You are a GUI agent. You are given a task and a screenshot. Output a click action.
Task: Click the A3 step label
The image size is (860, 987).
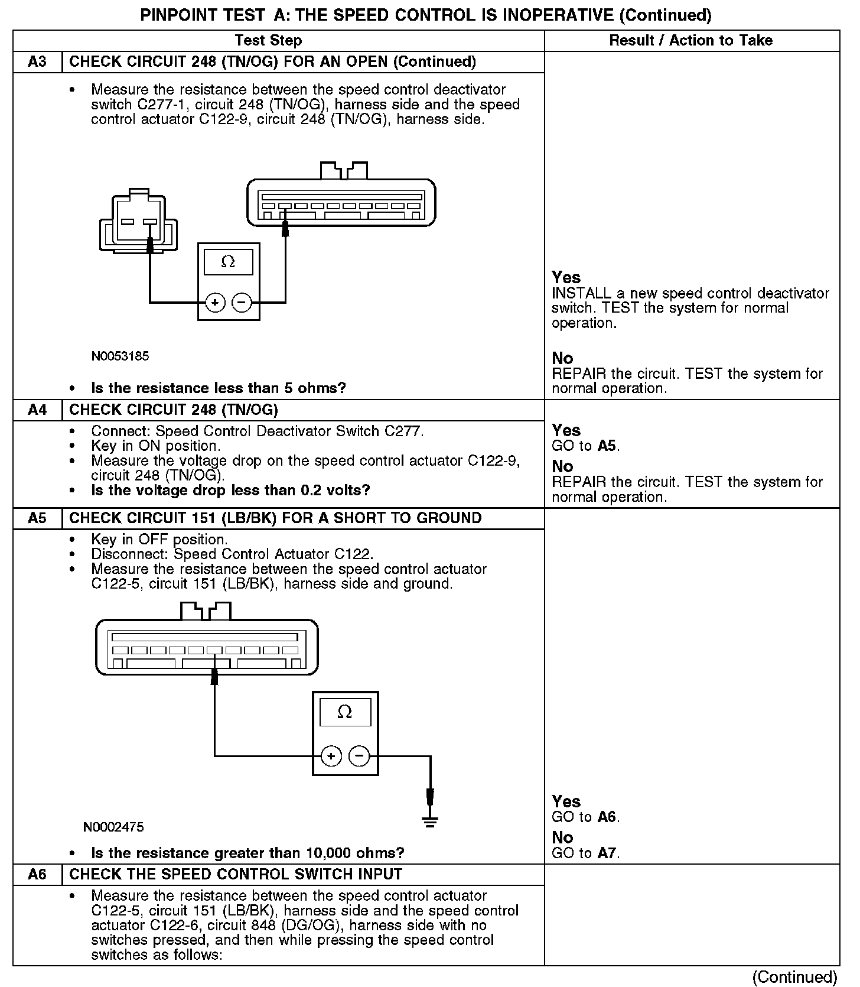pyautogui.click(x=37, y=62)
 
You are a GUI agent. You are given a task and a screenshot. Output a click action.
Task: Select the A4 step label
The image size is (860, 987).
pyautogui.click(x=37, y=410)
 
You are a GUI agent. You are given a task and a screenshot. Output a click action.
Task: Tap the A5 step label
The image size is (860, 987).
pyautogui.click(x=37, y=518)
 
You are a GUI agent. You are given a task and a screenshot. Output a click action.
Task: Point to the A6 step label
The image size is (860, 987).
pyautogui.click(x=37, y=874)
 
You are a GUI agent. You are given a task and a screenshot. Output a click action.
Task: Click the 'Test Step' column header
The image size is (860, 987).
pyautogui.click(x=268, y=41)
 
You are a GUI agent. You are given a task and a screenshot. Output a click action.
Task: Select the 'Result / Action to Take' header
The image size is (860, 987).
pyautogui.click(x=690, y=41)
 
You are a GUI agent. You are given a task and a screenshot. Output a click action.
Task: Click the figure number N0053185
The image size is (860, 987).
pyautogui.click(x=120, y=356)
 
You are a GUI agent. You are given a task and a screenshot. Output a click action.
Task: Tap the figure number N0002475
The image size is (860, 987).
pyautogui.click(x=113, y=827)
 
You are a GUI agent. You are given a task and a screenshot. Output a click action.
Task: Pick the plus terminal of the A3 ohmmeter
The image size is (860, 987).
pyautogui.click(x=215, y=303)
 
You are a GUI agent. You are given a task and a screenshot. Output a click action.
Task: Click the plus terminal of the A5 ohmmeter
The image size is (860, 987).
pyautogui.click(x=331, y=756)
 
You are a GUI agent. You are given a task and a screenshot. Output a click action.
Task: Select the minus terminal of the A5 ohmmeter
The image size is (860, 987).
pyautogui.click(x=359, y=756)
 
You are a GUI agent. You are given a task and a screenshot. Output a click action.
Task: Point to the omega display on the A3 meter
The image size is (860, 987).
pyautogui.click(x=228, y=262)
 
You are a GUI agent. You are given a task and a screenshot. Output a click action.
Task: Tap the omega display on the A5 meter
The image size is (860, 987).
pyautogui.click(x=345, y=712)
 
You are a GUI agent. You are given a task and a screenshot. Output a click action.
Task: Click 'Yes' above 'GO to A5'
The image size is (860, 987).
pyautogui.click(x=566, y=430)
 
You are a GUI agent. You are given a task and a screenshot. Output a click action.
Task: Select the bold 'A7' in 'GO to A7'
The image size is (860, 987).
pyautogui.click(x=607, y=853)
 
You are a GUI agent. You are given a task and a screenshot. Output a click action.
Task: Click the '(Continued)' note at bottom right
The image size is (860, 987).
pyautogui.click(x=795, y=977)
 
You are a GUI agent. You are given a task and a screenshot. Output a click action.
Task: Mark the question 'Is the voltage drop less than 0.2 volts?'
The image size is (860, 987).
pyautogui.click(x=230, y=491)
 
